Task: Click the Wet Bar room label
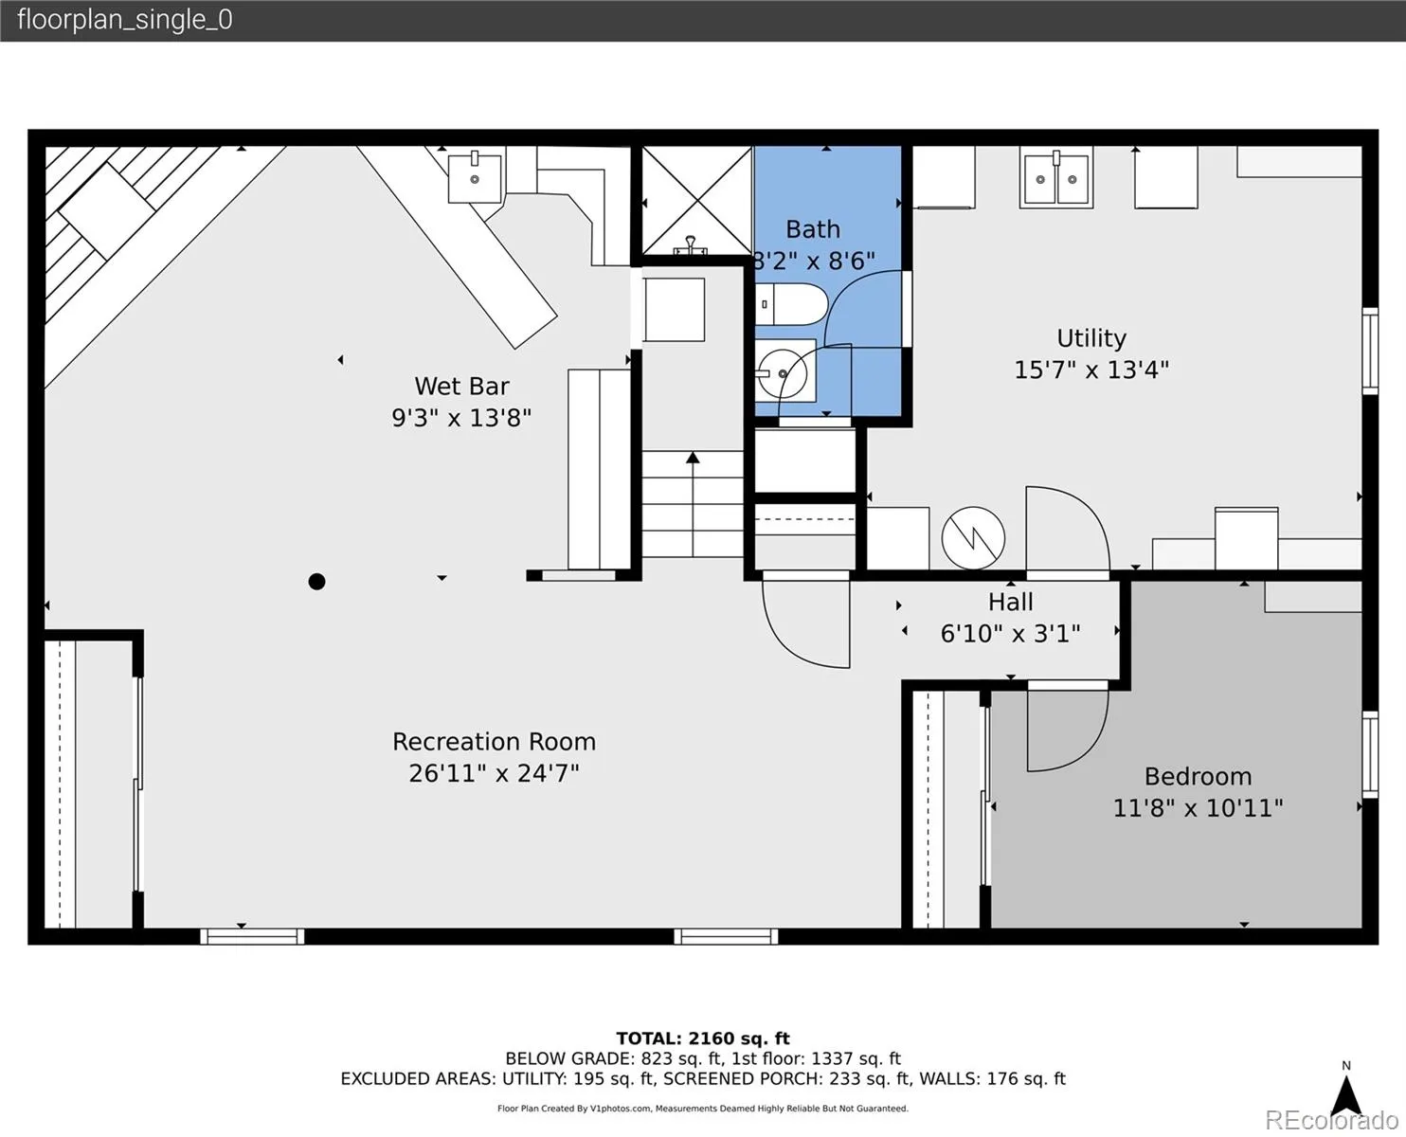coord(461,386)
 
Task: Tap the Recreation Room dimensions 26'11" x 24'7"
coord(494,773)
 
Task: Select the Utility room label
coord(1091,338)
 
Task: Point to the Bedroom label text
coord(1198,776)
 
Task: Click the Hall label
coord(1010,602)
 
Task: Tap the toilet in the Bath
coord(791,304)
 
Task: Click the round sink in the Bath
coord(783,373)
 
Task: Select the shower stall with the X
coord(697,201)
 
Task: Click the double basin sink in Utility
coord(1055,178)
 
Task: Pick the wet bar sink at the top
coord(474,177)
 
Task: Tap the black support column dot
coord(316,582)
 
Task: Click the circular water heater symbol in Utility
coord(973,538)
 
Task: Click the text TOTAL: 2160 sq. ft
coord(703,1038)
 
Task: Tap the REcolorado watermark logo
coord(1331,1120)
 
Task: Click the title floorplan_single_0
coord(125,20)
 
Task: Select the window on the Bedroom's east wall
coord(1370,755)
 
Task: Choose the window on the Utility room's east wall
coord(1370,352)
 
